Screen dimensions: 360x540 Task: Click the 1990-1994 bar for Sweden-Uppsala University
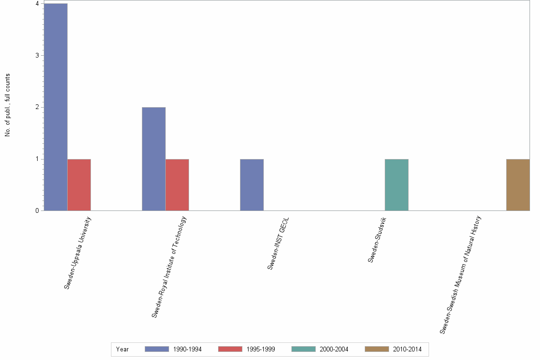coord(56,107)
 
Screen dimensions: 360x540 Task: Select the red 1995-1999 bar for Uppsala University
coord(79,185)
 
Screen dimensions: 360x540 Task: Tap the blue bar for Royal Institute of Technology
coord(154,159)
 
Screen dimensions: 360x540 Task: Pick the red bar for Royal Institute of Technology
coord(177,185)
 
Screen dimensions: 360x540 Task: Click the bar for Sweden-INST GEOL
coord(252,185)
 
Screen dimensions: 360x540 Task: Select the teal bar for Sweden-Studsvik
coord(396,185)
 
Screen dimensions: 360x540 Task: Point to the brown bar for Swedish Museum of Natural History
coord(518,185)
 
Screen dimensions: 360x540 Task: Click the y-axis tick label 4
coord(37,4)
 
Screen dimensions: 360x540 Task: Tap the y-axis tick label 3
coord(37,55)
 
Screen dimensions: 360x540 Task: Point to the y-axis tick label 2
coord(37,107)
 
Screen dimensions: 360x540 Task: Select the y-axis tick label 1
coord(37,159)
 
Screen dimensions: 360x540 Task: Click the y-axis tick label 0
coord(37,210)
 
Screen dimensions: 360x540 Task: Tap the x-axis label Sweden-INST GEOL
coord(278,243)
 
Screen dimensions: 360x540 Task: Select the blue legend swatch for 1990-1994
coord(157,349)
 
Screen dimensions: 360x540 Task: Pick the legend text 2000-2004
coord(334,349)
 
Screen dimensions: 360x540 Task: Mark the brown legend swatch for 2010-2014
coord(377,349)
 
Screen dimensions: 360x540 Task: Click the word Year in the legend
coord(122,349)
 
